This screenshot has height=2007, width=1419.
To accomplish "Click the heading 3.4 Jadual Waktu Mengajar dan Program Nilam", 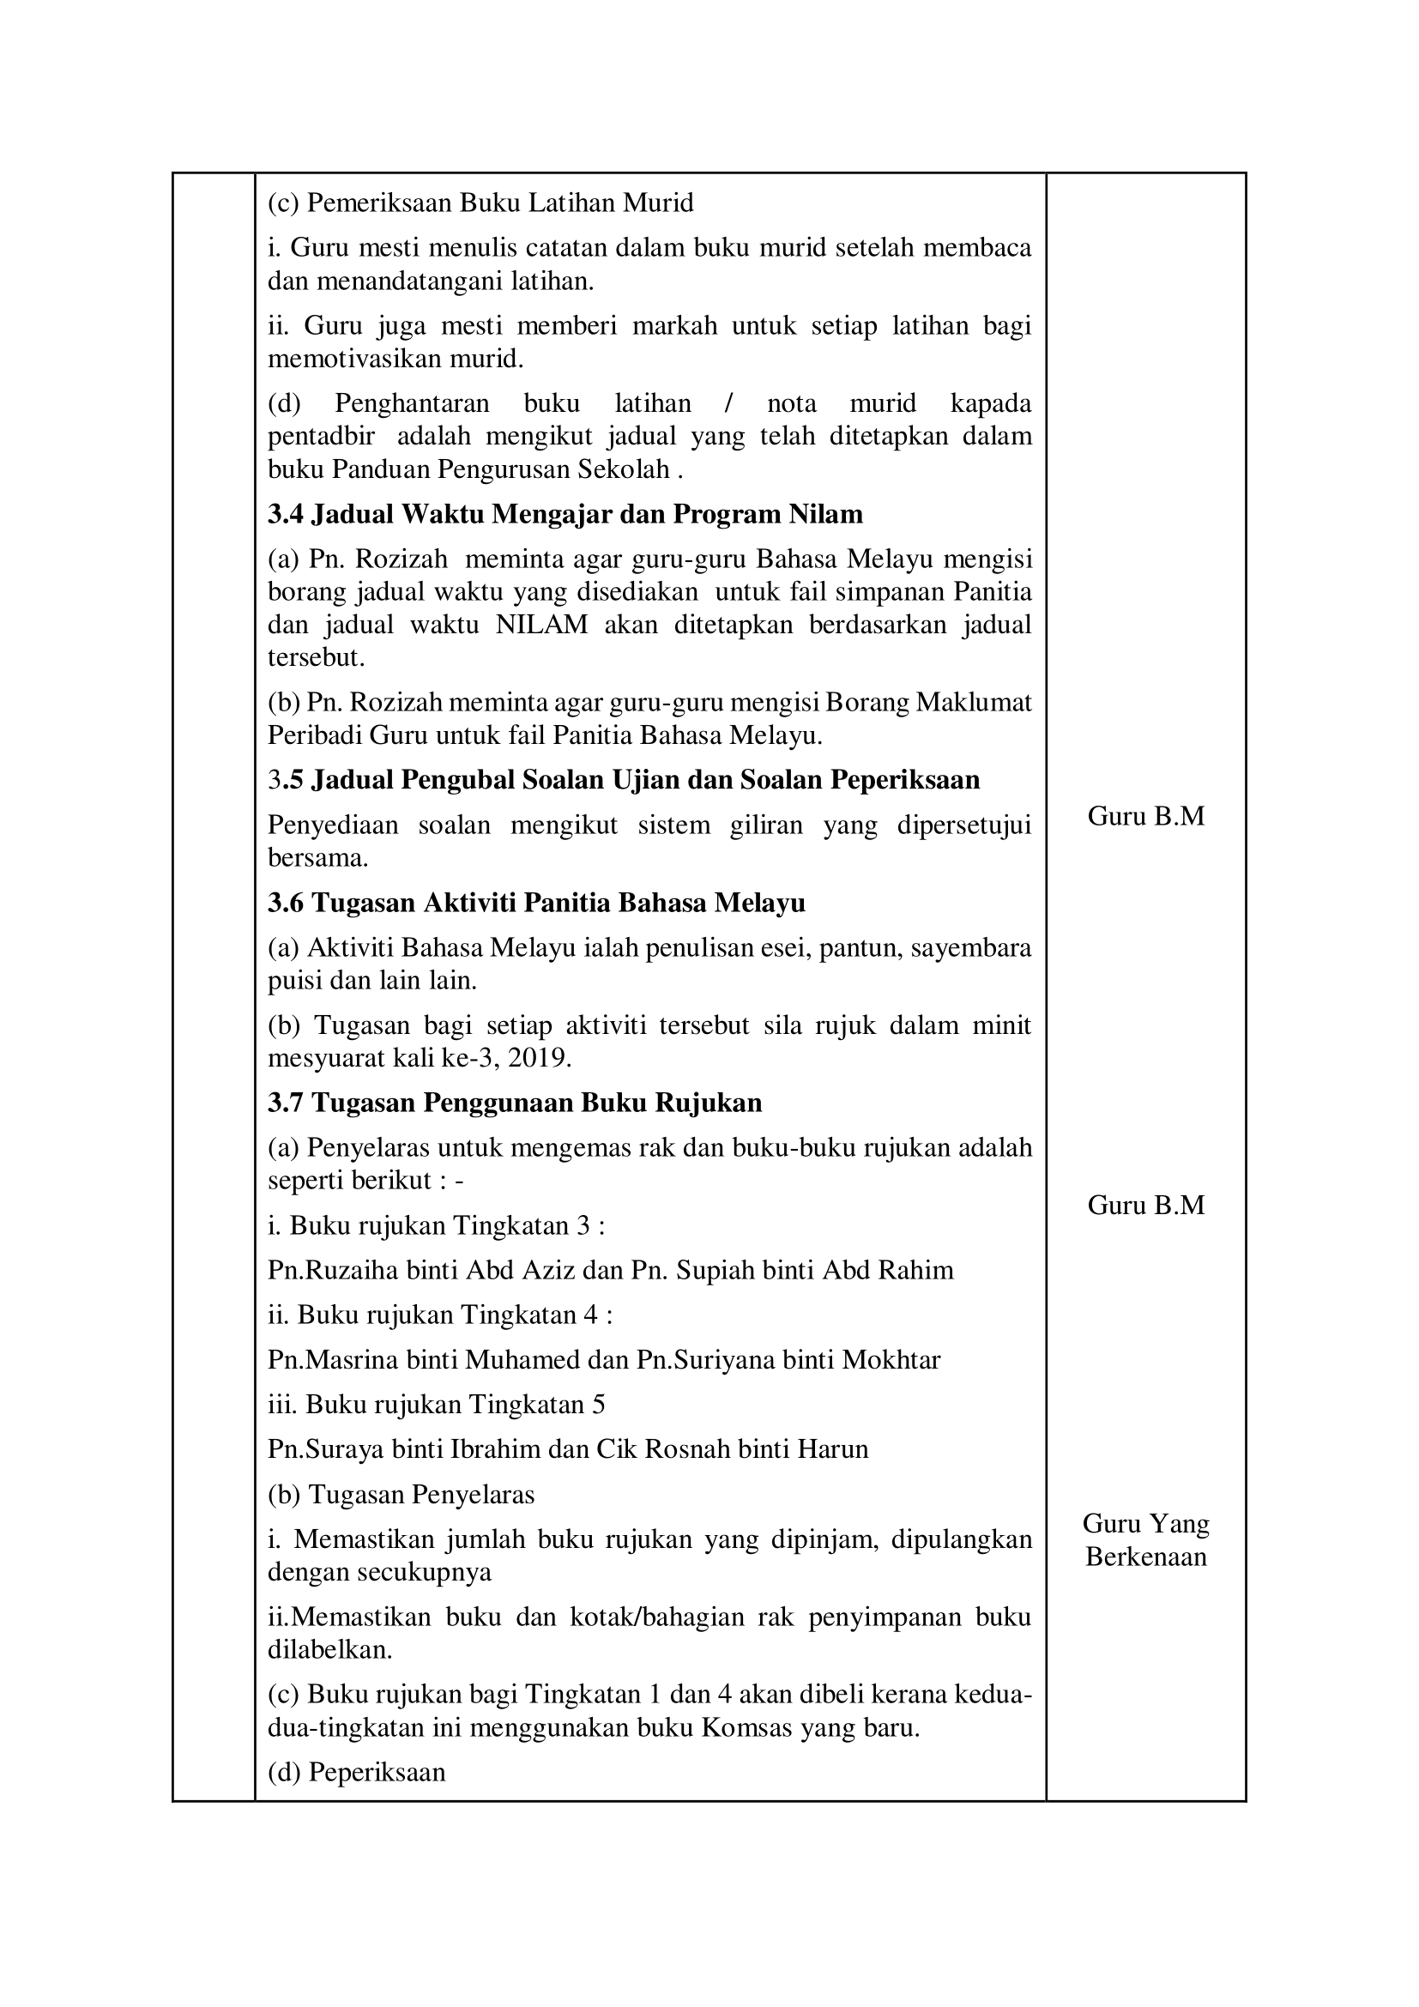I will [x=565, y=514].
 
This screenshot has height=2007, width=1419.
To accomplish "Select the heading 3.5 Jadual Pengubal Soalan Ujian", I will [x=624, y=779].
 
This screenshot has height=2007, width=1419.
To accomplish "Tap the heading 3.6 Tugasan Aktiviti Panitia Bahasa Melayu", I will [x=536, y=902].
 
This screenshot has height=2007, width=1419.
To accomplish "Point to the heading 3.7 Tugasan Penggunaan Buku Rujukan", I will [x=515, y=1103].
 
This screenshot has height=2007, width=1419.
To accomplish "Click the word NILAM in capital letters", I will [x=541, y=625].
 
